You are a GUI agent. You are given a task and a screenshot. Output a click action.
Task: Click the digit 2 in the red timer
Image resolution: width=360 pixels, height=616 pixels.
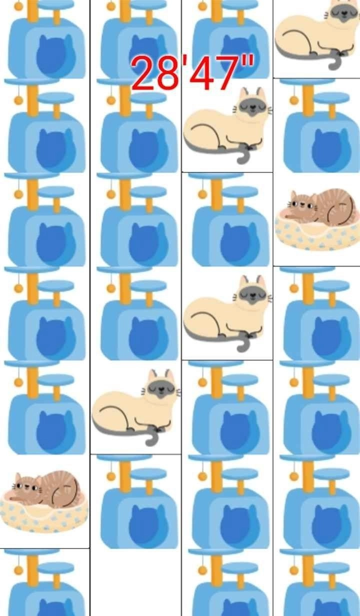[x=144, y=73]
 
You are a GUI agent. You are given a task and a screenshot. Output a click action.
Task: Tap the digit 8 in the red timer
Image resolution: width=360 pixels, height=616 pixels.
[x=168, y=73]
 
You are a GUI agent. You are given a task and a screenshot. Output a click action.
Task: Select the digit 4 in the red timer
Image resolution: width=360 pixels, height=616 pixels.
[x=203, y=73]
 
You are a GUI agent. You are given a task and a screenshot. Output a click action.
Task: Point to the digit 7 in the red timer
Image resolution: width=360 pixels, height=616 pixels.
[x=225, y=73]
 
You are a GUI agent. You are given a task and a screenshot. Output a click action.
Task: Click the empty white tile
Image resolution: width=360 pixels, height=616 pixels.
[x=135, y=582]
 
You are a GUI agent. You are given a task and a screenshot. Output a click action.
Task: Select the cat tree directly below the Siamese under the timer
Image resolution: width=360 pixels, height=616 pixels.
[x=227, y=220]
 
